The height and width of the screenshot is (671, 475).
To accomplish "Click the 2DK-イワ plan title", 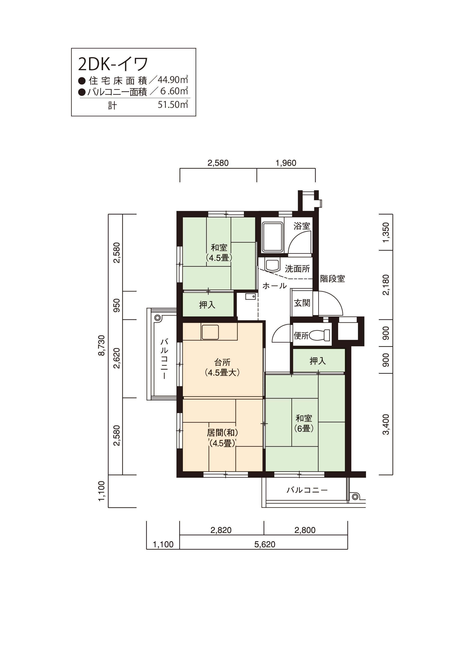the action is (x=113, y=64).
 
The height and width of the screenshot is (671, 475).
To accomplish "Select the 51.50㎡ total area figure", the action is (x=173, y=104).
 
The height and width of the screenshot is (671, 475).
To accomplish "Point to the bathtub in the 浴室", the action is (x=272, y=237).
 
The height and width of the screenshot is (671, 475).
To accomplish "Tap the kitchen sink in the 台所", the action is (x=210, y=332).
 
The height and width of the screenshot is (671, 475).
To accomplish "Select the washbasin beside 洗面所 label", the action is (x=272, y=264).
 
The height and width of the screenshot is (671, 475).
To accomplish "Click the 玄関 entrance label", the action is (x=302, y=303).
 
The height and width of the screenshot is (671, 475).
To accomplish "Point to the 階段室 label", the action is (x=332, y=279).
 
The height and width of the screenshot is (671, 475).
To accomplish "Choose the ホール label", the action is (x=274, y=285).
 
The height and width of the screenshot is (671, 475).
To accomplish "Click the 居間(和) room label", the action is (x=223, y=432).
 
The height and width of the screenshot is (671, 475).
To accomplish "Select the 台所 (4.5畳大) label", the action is (x=223, y=367).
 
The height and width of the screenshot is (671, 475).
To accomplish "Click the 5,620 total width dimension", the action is (x=265, y=544).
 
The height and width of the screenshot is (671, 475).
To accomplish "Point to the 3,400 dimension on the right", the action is (x=386, y=424).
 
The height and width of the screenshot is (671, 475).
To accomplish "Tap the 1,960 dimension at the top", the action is (x=286, y=163).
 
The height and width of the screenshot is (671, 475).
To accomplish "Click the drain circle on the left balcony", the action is (x=157, y=318).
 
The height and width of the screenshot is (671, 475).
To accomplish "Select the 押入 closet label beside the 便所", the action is (x=318, y=361).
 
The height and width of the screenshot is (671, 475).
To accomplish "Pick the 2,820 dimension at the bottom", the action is (x=221, y=530).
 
